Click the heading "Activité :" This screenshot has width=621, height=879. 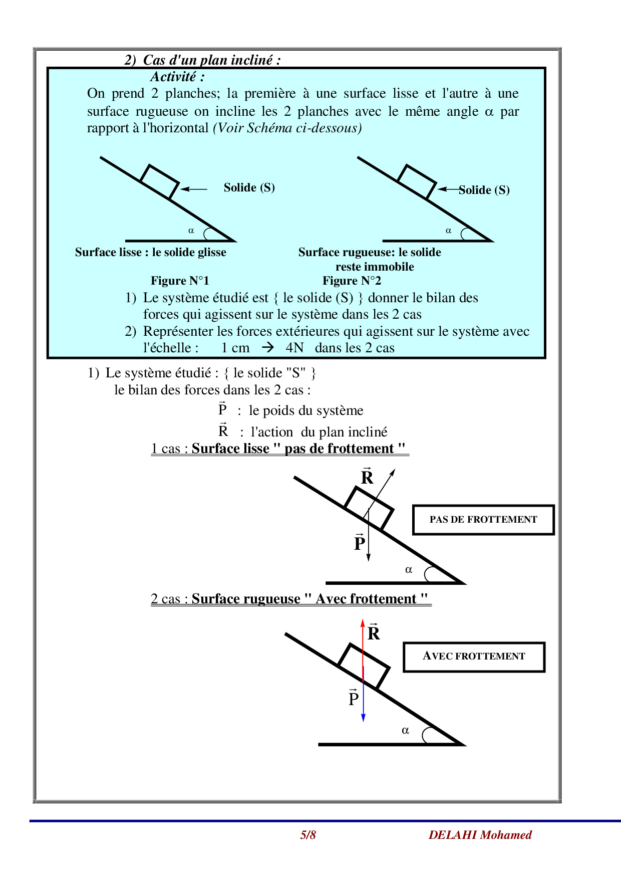177,77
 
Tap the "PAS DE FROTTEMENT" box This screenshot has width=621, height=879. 483,520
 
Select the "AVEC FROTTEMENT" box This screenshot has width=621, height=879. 474,656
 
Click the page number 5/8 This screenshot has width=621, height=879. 308,835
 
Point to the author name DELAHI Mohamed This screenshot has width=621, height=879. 480,835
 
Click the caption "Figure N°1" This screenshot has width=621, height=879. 180,281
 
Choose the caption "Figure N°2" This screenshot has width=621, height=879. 352,281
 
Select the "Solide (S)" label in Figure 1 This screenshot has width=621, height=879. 249,187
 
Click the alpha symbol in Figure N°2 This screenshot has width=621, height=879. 448,231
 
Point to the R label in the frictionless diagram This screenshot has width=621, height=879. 367,477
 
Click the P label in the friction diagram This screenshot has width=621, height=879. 354,698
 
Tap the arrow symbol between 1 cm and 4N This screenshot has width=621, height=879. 268,347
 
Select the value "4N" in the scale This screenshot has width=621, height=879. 294,348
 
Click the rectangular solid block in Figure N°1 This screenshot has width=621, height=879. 159,181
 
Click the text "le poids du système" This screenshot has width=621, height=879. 306,410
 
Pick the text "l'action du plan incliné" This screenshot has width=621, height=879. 319,432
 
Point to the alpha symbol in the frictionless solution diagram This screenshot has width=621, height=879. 409,569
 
